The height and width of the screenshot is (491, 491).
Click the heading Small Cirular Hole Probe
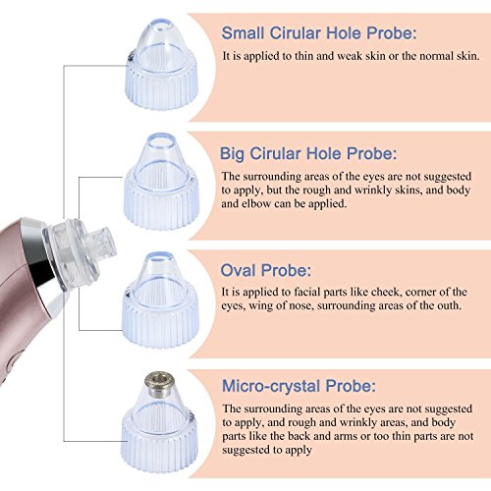[319, 33]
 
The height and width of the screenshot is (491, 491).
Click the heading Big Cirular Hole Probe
[308, 153]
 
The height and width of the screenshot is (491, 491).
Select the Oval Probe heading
[266, 270]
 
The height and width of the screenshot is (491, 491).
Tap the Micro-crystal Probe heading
[299, 386]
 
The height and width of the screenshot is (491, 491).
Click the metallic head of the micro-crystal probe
[159, 381]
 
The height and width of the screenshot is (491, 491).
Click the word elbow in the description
[255, 203]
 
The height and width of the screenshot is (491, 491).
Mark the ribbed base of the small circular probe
[161, 85]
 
